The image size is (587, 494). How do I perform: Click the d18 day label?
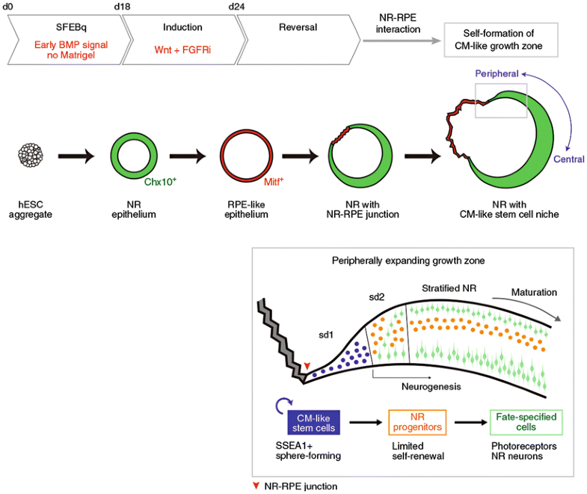(122, 7)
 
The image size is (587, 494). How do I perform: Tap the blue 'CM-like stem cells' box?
(314, 423)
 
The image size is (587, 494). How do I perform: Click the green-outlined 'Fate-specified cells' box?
(526, 423)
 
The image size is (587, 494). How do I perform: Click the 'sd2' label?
(377, 297)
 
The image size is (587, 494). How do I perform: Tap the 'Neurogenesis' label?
(423, 388)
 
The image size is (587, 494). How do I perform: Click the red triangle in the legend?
(259, 486)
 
